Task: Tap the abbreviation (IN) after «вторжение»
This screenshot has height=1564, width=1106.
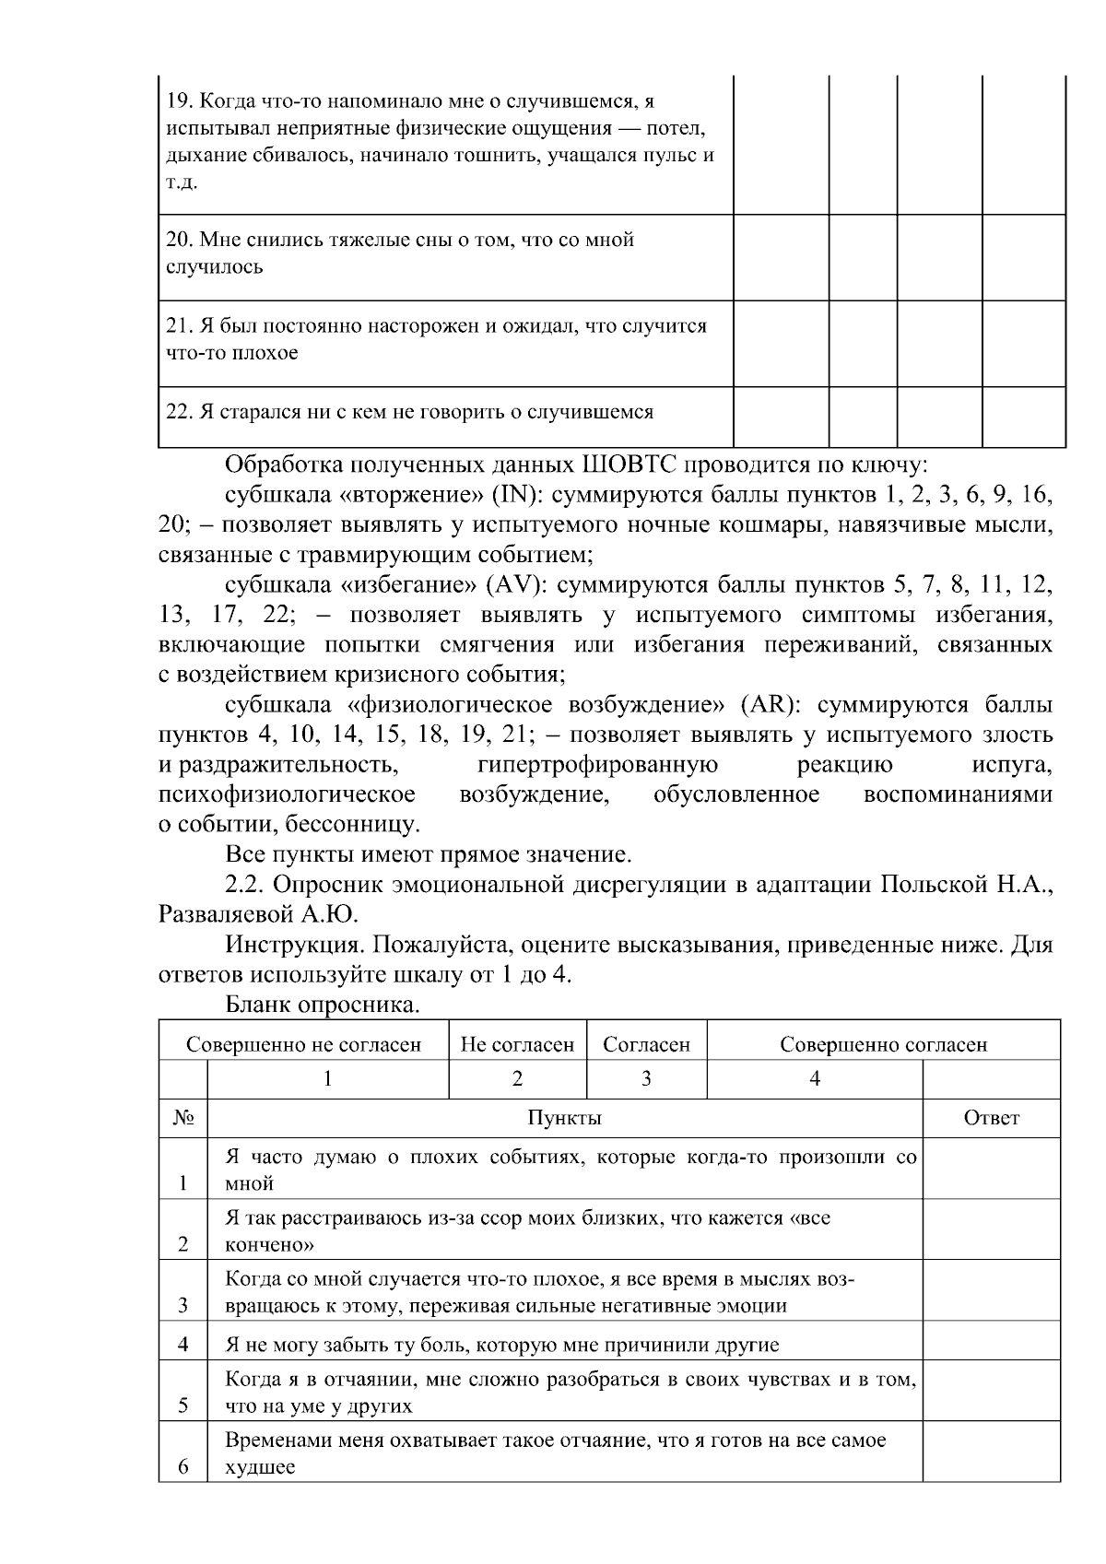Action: coord(515,495)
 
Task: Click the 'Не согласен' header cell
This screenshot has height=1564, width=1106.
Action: coord(517,1044)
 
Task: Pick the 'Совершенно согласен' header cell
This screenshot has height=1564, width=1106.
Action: coord(883,1044)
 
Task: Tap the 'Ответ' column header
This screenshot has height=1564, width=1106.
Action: coord(991,1118)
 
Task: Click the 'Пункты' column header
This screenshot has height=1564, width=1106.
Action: coord(564,1118)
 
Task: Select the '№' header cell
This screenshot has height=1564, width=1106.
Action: coord(182,1118)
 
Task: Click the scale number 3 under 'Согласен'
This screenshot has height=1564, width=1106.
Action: coord(646,1078)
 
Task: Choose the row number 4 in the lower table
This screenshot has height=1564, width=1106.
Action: coord(182,1345)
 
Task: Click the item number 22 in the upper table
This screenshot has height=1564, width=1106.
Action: coord(178,412)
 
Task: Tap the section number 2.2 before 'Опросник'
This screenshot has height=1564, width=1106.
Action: coord(244,886)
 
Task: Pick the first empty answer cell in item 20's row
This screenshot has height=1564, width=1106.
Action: coord(781,257)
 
